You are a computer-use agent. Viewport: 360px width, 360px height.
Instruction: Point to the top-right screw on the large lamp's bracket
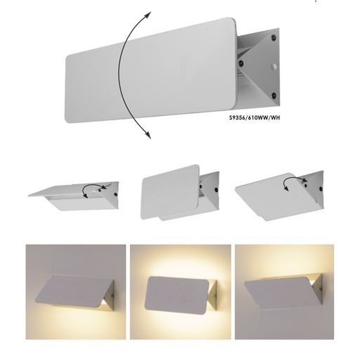coord(272,34)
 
